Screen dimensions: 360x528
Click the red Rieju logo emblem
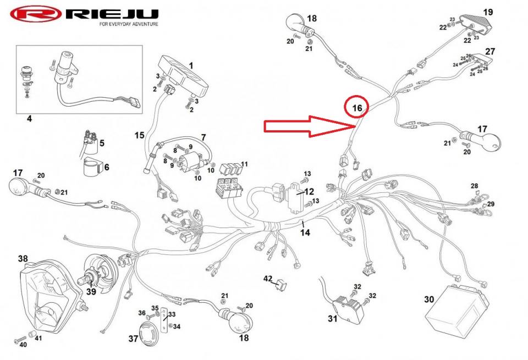pos(34,14)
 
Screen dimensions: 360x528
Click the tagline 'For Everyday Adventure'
pos(128,25)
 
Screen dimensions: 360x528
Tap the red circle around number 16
pos(357,108)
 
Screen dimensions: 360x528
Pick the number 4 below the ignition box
pos(29,118)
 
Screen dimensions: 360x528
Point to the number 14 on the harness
pos(305,232)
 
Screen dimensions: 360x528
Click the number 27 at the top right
pos(490,51)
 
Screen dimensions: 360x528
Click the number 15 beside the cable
pos(139,134)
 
